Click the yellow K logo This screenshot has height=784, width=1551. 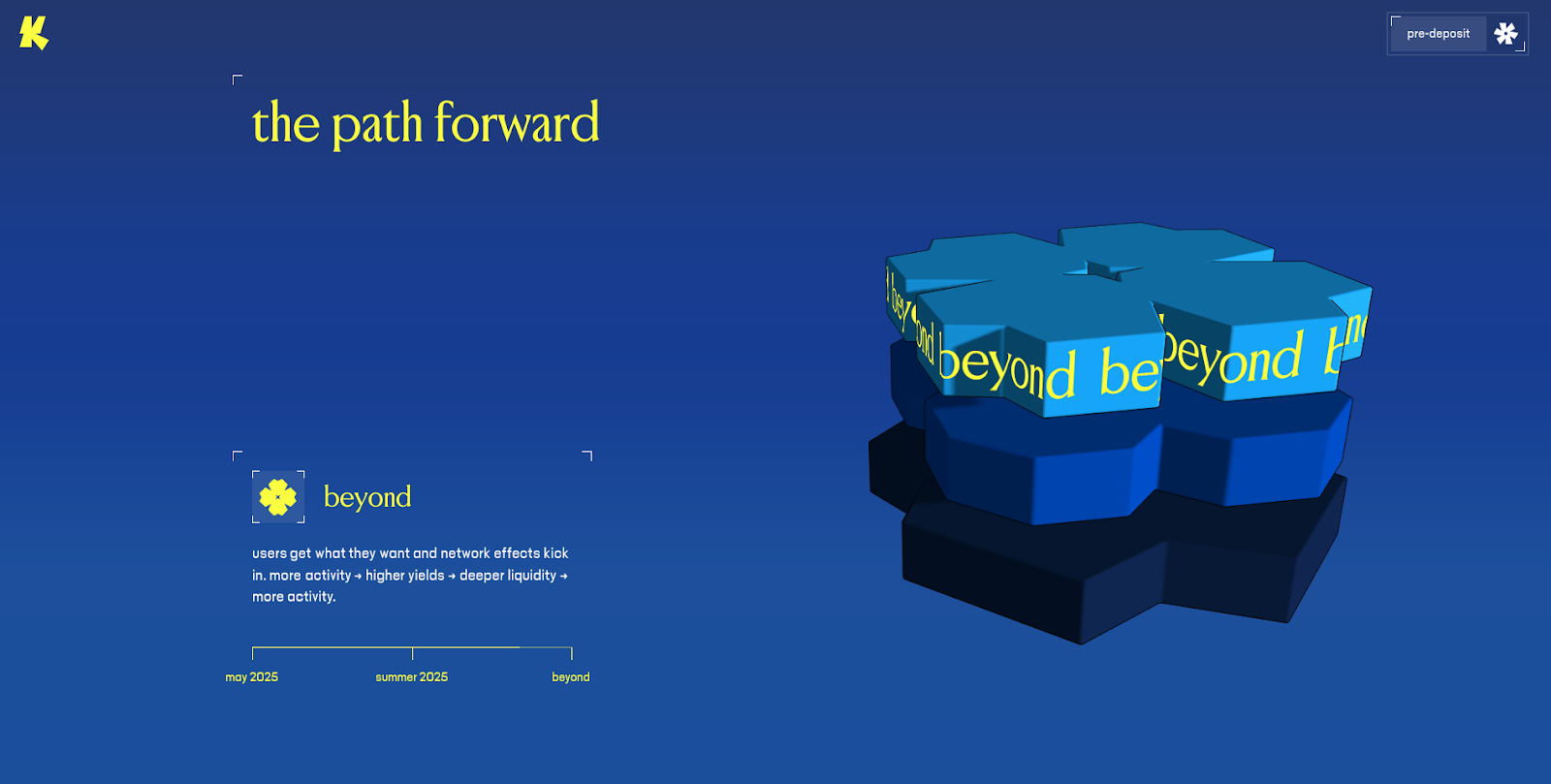(34, 33)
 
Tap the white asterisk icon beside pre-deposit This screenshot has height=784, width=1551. (1505, 33)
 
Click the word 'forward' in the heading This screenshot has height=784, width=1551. (517, 122)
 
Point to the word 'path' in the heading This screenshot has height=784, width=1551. (377, 124)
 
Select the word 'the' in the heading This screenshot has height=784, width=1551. (286, 123)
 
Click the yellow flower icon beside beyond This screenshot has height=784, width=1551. (277, 497)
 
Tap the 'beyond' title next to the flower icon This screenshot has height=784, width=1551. (367, 497)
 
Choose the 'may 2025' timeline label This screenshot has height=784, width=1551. (251, 677)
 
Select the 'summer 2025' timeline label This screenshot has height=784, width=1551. (411, 677)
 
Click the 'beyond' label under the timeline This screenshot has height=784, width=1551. (571, 677)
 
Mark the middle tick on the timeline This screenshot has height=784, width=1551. (413, 653)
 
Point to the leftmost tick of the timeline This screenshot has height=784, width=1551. (253, 653)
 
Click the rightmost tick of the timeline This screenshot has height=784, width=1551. (571, 653)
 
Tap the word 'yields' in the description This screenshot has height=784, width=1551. (425, 576)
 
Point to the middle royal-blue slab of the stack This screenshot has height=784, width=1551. (1135, 463)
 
